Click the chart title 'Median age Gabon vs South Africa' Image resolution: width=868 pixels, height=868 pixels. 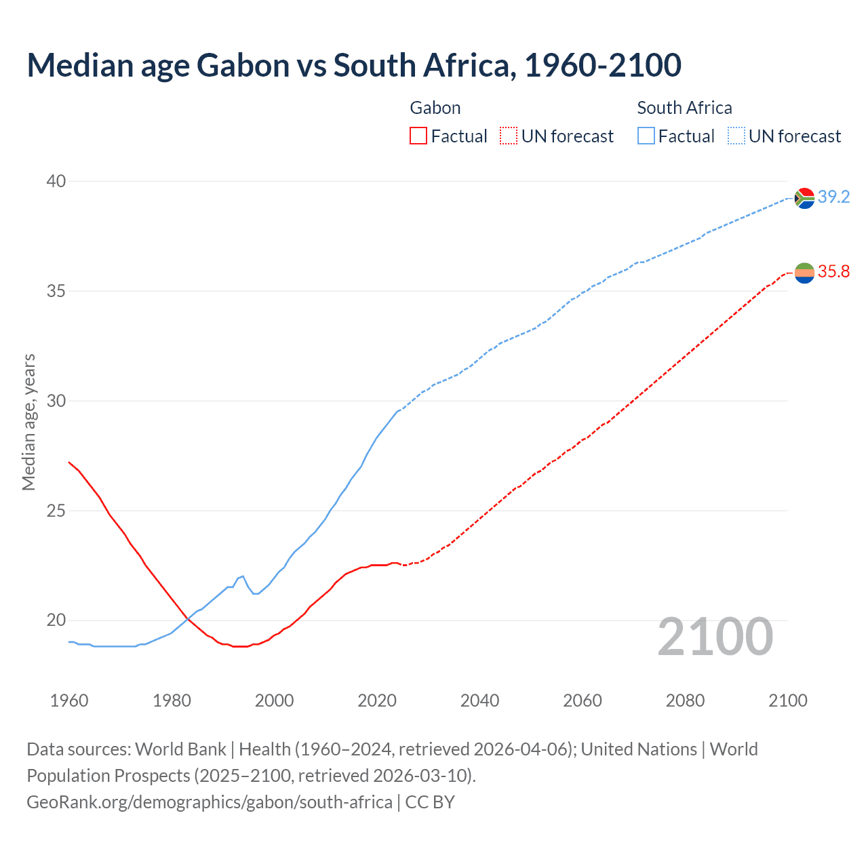tap(353, 65)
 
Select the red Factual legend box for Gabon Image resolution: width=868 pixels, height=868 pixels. tap(418, 136)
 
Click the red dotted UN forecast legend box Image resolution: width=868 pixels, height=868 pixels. tap(509, 136)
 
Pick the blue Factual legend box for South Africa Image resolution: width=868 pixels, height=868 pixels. tap(646, 136)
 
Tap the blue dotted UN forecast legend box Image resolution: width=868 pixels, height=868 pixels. tap(736, 136)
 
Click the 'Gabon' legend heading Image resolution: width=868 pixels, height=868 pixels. tap(435, 108)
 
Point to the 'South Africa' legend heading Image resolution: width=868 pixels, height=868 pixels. tap(684, 108)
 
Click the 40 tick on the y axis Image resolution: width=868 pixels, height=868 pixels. tap(56, 181)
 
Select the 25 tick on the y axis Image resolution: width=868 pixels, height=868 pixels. tap(56, 511)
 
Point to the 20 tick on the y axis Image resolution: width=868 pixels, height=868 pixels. tap(56, 620)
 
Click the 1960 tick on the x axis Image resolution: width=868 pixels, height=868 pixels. tap(69, 701)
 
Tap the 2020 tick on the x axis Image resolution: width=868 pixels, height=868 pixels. tap(377, 701)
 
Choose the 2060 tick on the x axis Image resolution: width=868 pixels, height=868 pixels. tap(583, 701)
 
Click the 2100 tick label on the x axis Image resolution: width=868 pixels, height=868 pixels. tap(788, 701)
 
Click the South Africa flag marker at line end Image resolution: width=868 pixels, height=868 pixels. tap(804, 198)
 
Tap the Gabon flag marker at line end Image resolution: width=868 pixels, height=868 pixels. tap(804, 273)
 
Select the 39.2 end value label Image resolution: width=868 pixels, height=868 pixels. tap(833, 197)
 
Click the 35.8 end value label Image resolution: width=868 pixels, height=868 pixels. tap(833, 272)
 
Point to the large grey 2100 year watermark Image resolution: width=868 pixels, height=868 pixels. tap(715, 637)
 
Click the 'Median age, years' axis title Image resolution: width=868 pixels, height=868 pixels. tap(28, 422)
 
